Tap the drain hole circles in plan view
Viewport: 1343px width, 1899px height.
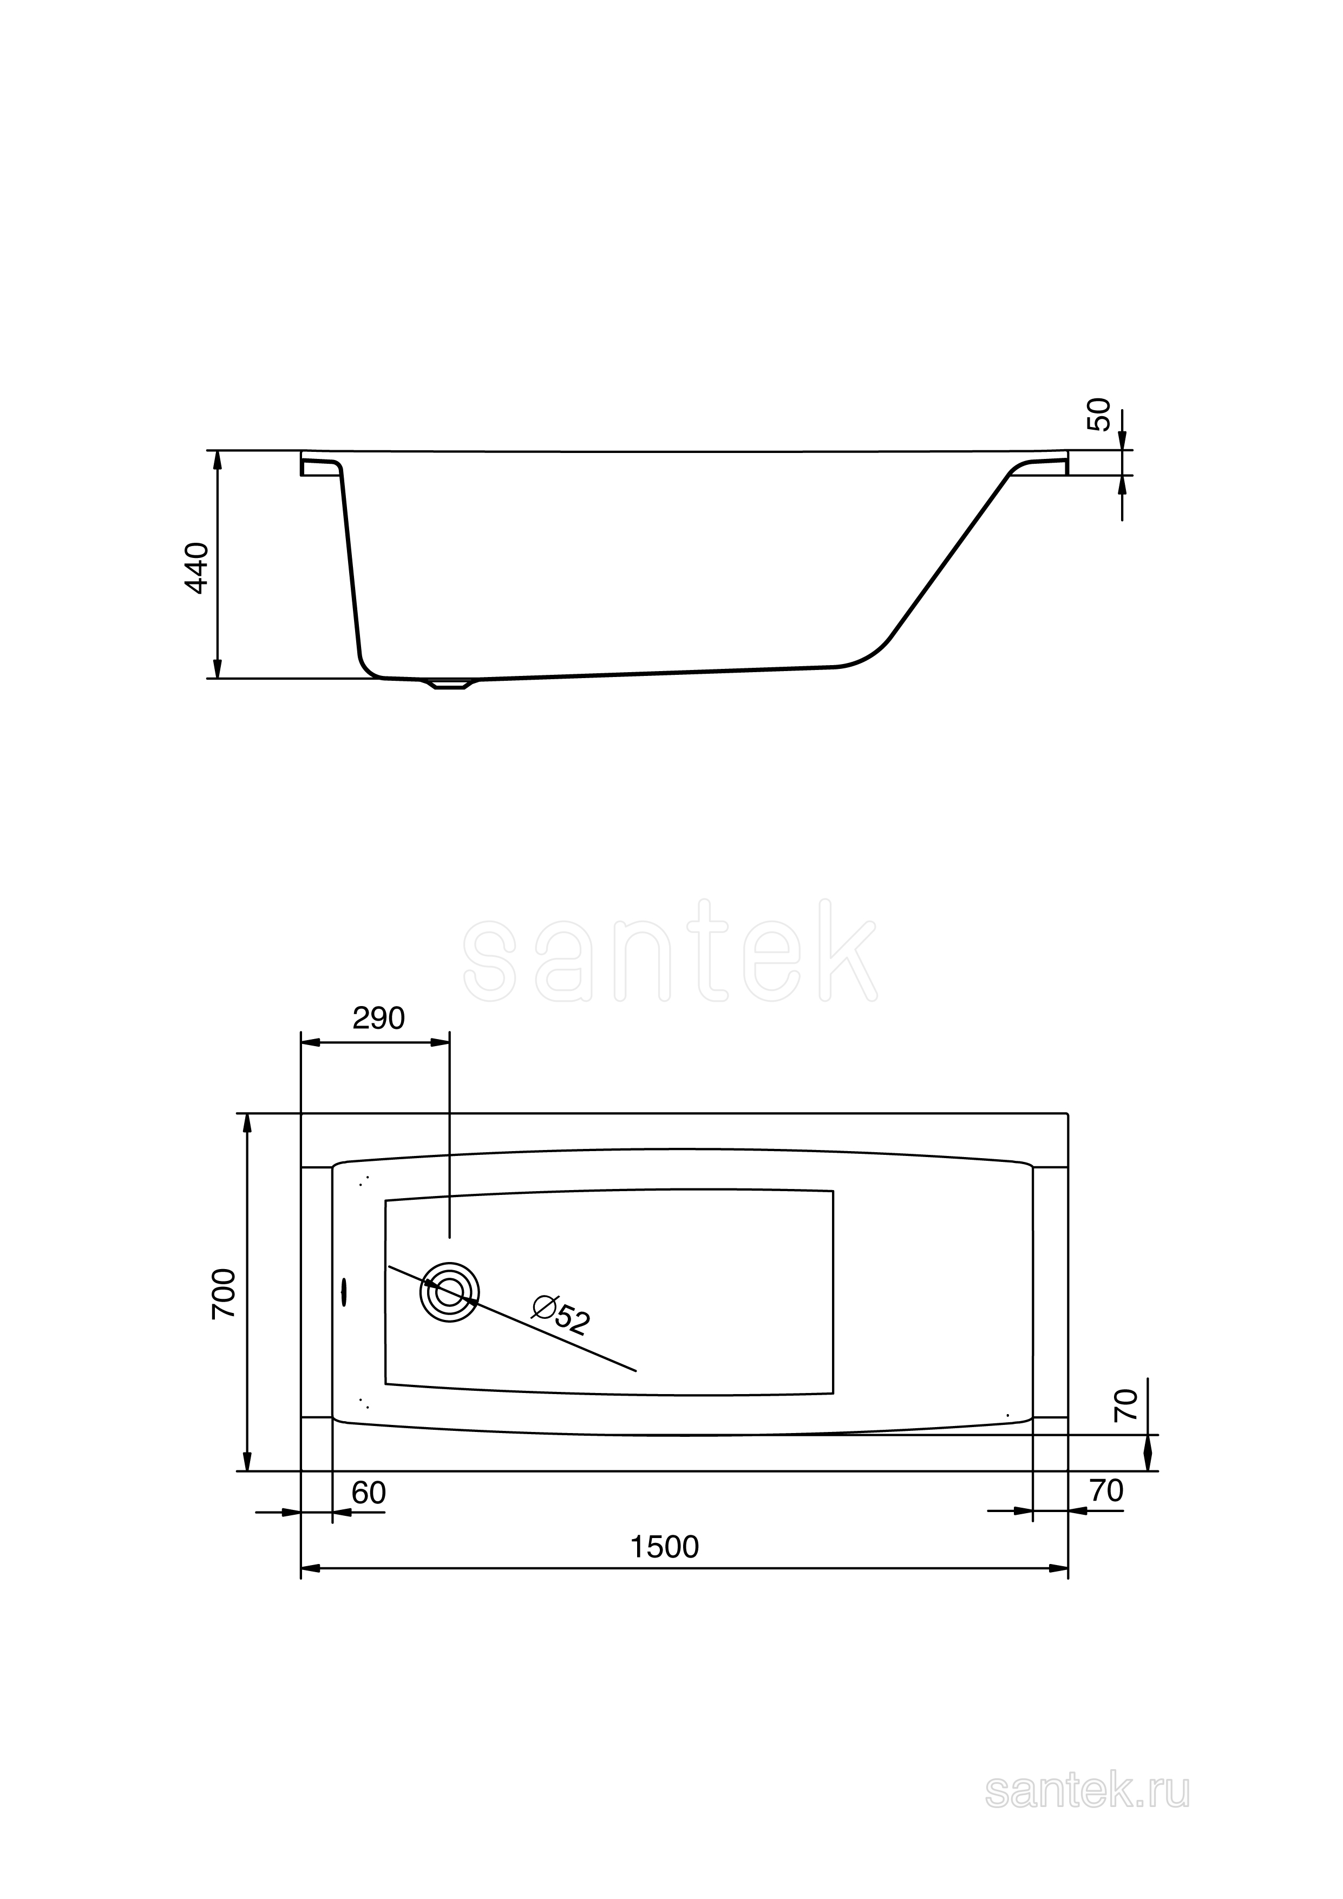click(449, 1292)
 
